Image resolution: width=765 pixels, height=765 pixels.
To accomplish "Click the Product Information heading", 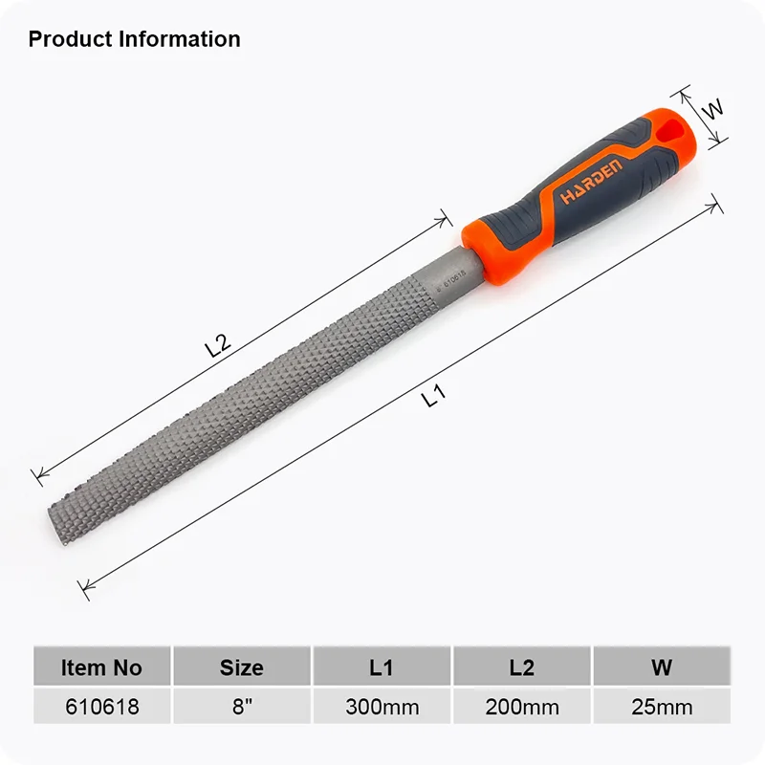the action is [134, 39].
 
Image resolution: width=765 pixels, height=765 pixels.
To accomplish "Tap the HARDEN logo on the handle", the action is [592, 181].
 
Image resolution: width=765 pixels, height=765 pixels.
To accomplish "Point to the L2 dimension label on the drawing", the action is [217, 345].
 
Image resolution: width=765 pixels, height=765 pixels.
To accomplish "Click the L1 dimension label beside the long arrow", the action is [434, 395].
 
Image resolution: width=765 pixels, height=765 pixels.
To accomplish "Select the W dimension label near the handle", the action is [712, 109].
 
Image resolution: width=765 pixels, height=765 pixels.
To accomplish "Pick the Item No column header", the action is [101, 667].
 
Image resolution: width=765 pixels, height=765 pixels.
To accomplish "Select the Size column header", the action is [242, 667].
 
